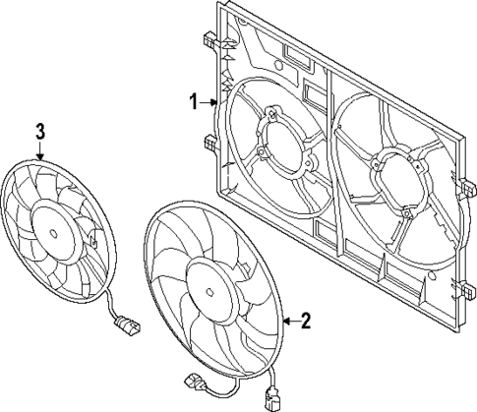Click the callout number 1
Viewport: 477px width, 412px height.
(x=195, y=100)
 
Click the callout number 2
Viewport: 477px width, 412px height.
(x=306, y=321)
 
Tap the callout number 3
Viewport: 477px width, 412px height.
(x=40, y=131)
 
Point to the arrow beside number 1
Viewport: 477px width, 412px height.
(x=212, y=100)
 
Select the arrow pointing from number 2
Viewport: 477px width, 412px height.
(x=288, y=321)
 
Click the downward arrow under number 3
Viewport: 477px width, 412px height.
(x=40, y=152)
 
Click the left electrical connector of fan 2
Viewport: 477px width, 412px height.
(x=189, y=381)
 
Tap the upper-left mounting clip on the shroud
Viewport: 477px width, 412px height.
(x=210, y=43)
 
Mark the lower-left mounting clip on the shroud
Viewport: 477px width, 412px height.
(x=210, y=143)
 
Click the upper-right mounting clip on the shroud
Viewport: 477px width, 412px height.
(x=464, y=185)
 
